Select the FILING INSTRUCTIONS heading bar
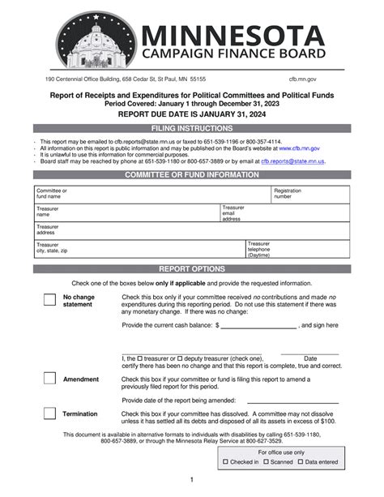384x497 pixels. click(192, 129)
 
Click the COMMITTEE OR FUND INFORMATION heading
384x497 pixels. click(192, 175)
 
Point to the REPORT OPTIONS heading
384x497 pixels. click(192, 268)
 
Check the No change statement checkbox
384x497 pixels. click(49, 300)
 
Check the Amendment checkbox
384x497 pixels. click(49, 379)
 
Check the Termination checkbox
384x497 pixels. click(49, 414)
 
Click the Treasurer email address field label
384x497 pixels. click(232, 212)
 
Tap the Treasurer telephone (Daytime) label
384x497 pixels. click(259, 249)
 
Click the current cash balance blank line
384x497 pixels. click(258, 326)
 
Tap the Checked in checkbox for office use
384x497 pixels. click(226, 462)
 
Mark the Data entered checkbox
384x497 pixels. click(301, 462)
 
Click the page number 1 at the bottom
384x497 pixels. click(191, 481)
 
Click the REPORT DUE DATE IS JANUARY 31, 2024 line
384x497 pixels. click(192, 115)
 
